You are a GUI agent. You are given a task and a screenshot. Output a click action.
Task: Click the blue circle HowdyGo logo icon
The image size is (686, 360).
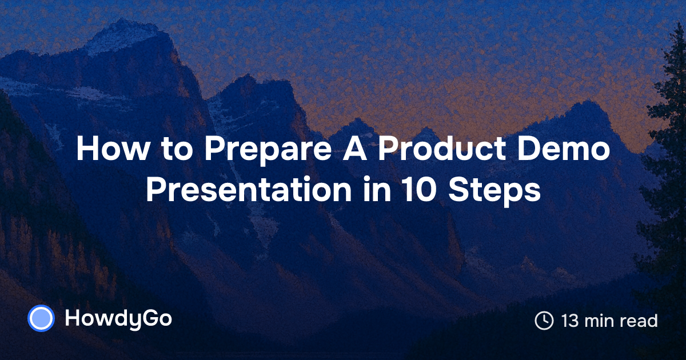pos(41,319)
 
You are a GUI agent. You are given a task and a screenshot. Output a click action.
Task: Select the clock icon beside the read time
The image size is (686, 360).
pos(544,321)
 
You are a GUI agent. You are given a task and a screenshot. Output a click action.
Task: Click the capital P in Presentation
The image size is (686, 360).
pos(154,191)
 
